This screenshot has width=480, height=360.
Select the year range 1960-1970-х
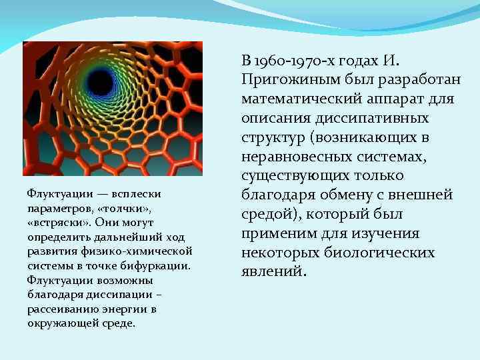295,61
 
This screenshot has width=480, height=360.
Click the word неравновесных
300,157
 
